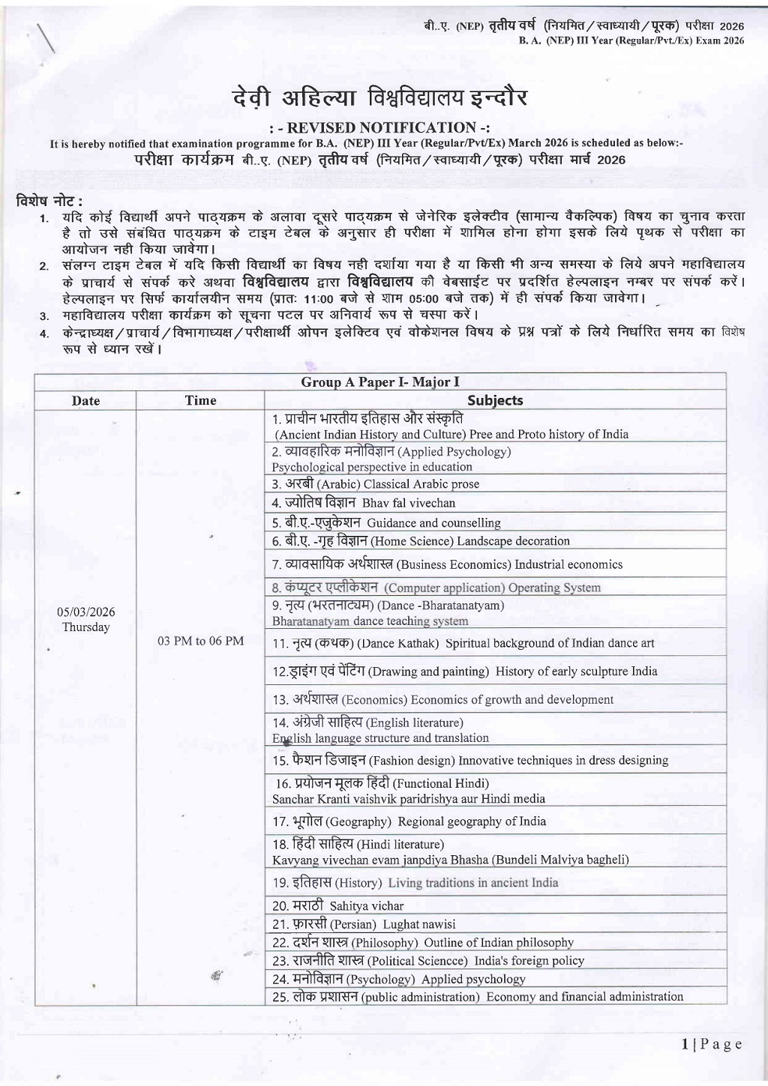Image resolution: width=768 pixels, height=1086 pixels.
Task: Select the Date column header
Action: (x=85, y=400)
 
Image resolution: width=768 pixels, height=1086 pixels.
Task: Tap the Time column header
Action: (x=200, y=400)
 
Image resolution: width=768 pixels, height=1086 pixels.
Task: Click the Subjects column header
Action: (x=495, y=400)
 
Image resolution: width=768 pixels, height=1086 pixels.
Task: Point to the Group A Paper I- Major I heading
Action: (x=380, y=382)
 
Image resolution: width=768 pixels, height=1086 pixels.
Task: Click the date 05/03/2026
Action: (x=85, y=612)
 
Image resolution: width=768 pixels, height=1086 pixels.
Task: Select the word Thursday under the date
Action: (x=85, y=627)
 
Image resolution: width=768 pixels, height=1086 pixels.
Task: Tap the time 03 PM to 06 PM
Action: (x=200, y=641)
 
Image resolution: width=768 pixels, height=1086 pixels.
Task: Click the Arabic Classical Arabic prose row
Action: (x=376, y=484)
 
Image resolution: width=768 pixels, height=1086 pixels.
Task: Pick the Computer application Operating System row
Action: (x=436, y=588)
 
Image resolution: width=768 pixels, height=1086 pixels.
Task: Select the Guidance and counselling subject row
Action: (x=386, y=522)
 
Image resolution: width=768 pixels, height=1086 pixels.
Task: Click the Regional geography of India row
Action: (x=409, y=821)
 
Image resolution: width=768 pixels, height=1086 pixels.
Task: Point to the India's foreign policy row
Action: (x=428, y=961)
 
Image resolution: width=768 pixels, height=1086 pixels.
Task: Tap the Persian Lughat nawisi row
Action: (x=364, y=924)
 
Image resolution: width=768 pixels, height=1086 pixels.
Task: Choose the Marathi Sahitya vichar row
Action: (x=338, y=905)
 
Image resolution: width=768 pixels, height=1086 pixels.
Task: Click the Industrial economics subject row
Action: (x=448, y=564)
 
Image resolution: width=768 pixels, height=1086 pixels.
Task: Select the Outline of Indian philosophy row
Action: (x=423, y=942)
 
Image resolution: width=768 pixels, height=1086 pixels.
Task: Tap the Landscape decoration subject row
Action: (x=421, y=541)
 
